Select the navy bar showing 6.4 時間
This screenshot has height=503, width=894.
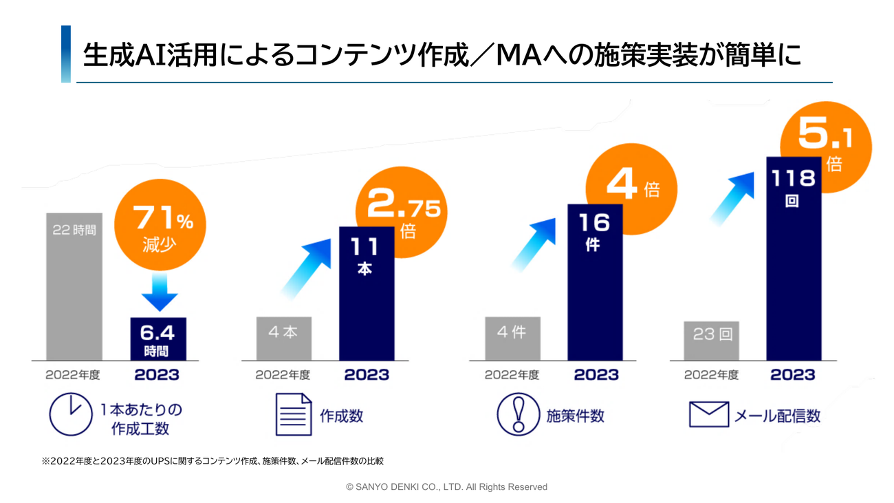(158, 338)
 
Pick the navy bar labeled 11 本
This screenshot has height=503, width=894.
(366, 292)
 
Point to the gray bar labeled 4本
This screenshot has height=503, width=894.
(283, 338)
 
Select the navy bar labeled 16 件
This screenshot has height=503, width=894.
(595, 282)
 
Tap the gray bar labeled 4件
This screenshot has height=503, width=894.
(512, 338)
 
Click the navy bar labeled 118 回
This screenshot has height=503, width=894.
(794, 258)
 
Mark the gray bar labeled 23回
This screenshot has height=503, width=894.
(711, 341)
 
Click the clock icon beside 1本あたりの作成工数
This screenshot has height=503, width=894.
(71, 414)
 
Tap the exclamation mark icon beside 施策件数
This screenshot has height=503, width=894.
(517, 414)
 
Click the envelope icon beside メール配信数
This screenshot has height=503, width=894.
(708, 414)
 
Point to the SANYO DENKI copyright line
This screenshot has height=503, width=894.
(446, 486)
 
